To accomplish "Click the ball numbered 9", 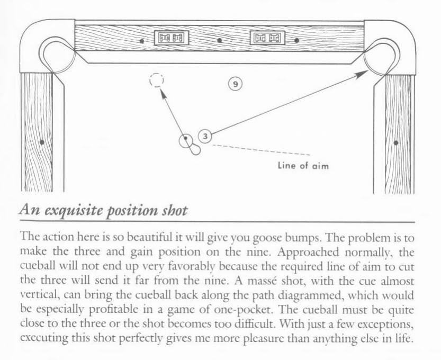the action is click(236, 84).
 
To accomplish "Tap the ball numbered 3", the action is click(205, 137).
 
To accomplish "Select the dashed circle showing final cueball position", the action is click(157, 80).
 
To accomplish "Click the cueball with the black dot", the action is click(186, 141).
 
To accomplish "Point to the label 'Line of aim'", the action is click(303, 165).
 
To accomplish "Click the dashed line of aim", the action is click(262, 150).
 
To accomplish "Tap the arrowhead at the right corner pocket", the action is click(362, 75).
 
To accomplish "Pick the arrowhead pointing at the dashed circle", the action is click(163, 94).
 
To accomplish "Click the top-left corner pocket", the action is click(57, 56).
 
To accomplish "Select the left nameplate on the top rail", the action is click(172, 38).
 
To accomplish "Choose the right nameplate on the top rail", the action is click(267, 38).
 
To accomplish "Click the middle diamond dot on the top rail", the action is click(220, 40).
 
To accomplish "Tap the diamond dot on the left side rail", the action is click(42, 142).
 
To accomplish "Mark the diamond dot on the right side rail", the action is click(396, 143).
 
